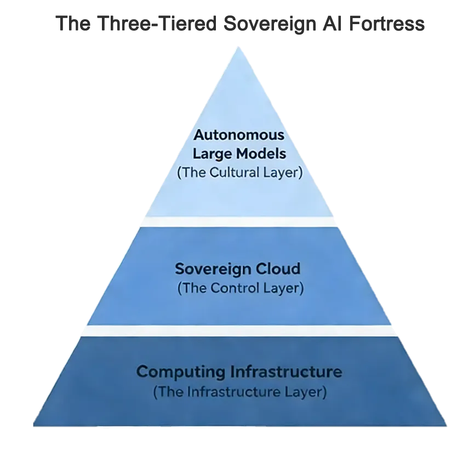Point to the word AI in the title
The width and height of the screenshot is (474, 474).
click(330, 24)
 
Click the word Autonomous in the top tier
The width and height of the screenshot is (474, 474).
click(240, 135)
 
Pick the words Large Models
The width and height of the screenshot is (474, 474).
click(240, 154)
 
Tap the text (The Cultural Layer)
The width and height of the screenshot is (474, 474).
click(240, 173)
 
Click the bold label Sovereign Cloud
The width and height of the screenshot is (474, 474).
click(238, 269)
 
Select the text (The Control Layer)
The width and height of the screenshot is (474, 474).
click(240, 288)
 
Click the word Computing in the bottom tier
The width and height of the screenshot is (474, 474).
click(181, 372)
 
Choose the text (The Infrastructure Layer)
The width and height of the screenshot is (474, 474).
click(240, 392)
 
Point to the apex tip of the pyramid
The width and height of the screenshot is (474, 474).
click(237, 47)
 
